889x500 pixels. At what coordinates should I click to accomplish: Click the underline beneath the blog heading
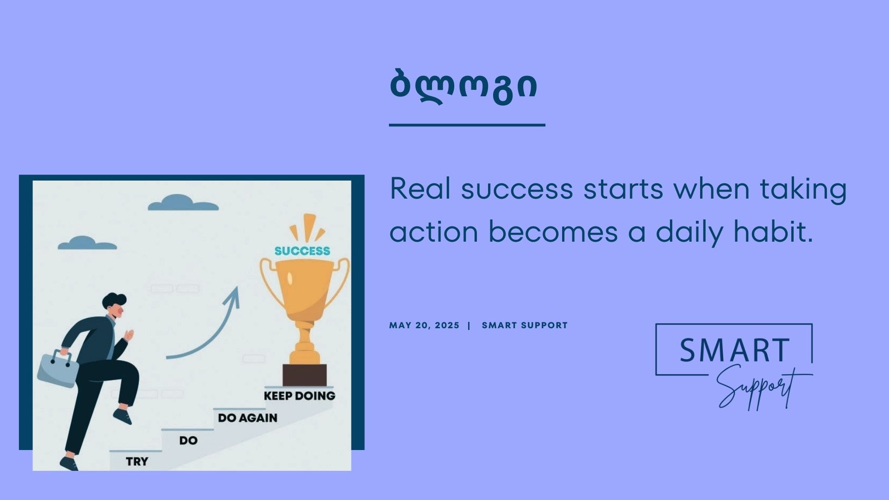[x=467, y=125]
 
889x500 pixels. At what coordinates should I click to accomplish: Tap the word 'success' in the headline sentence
[x=517, y=189]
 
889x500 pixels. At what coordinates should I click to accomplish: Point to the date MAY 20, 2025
[x=424, y=325]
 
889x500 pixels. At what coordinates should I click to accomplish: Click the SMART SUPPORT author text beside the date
[x=525, y=325]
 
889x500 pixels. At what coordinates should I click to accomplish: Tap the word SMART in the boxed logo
[x=735, y=350]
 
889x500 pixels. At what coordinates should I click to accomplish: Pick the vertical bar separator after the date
[x=469, y=325]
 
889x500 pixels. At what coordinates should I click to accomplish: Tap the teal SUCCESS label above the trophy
[x=302, y=251]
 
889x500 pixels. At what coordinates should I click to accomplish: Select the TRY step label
[x=137, y=462]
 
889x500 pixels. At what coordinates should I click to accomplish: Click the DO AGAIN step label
[x=248, y=418]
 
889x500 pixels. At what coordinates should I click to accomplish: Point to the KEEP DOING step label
[x=300, y=396]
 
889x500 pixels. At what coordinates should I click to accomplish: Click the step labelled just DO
[x=188, y=440]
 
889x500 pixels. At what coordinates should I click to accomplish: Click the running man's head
[x=114, y=306]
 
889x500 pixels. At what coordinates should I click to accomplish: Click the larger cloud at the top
[x=183, y=203]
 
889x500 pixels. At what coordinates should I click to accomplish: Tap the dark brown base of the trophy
[x=305, y=375]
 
